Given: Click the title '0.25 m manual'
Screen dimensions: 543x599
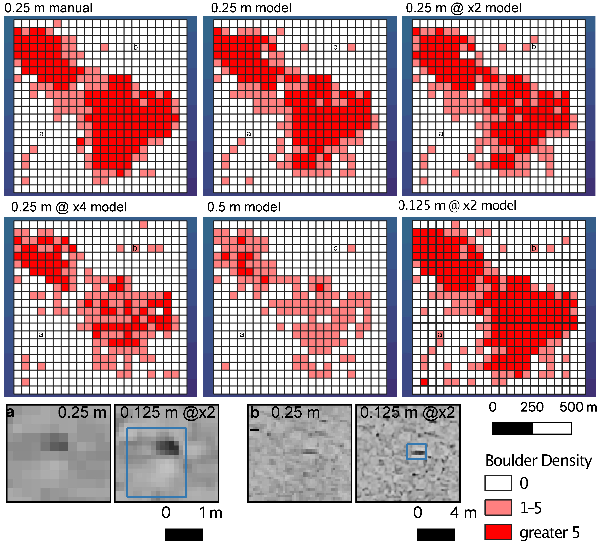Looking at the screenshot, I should tap(49, 8).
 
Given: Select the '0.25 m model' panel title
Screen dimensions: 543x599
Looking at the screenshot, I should tap(251, 8).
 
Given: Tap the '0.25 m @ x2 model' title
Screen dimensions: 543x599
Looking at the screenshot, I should tap(463, 8).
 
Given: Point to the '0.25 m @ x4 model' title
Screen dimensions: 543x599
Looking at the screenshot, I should tap(69, 207).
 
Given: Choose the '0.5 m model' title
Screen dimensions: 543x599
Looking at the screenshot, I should tap(244, 207).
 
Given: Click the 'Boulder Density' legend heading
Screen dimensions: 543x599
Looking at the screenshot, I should tap(538, 461).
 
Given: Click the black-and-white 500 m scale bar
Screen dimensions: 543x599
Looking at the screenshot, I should tap(532, 428).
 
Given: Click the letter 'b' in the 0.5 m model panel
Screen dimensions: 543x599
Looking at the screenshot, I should tap(335, 248).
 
